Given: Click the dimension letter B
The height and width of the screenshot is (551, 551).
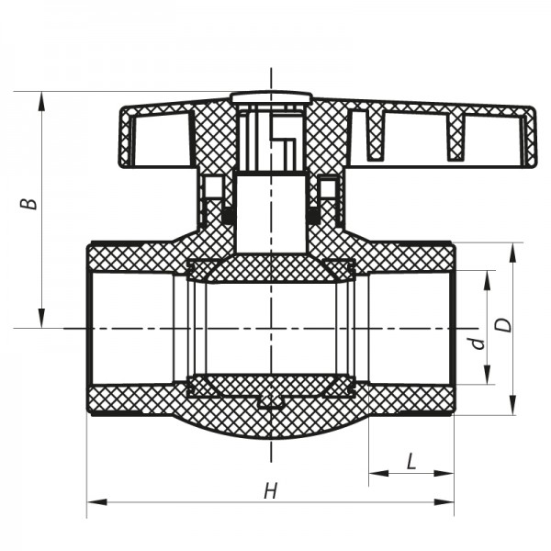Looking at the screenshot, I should (x=31, y=199).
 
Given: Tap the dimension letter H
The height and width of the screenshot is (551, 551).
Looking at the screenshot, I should (x=270, y=491).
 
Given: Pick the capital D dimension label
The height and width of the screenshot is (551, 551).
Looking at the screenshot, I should (x=502, y=326).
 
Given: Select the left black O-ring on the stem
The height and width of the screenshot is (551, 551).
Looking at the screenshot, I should (x=227, y=215).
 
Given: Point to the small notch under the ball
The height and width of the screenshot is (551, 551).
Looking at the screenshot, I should (x=271, y=400).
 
